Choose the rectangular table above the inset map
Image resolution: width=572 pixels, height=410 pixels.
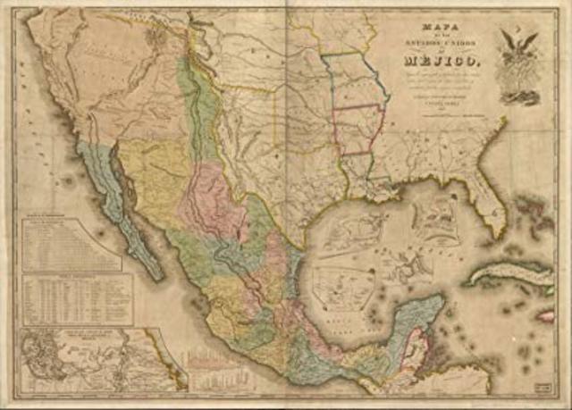pyautogui.click(x=76, y=298)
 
